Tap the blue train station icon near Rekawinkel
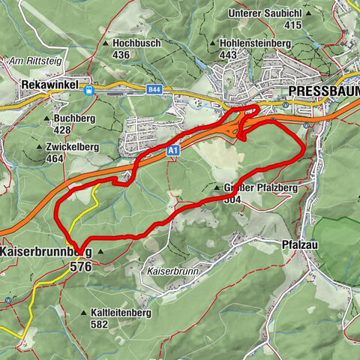click(x=89, y=90)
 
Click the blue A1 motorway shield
click(x=173, y=151)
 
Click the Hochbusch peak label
click(x=136, y=43)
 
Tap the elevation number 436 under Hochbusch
click(x=121, y=55)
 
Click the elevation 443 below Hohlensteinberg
click(x=229, y=55)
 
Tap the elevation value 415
click(x=292, y=25)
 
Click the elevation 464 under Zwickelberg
click(x=55, y=159)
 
